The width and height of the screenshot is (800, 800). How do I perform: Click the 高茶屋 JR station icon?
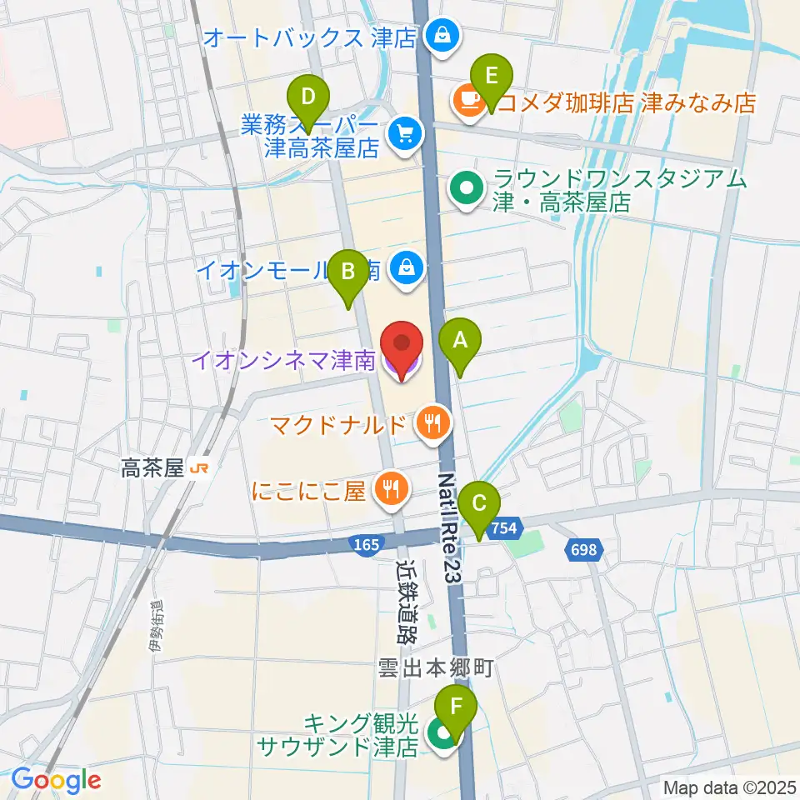[x=198, y=470]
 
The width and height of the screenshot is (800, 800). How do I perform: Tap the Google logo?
[x=56, y=780]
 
